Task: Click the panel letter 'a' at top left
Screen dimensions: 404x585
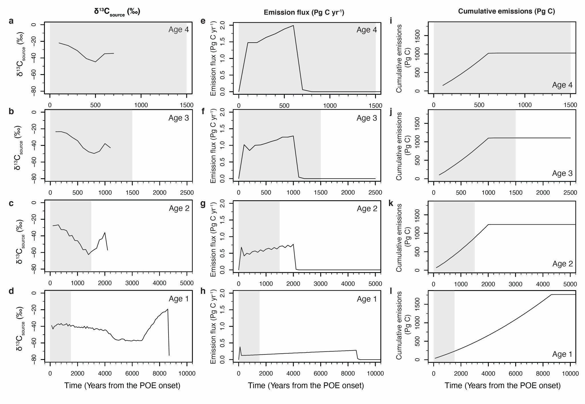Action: coord(11,21)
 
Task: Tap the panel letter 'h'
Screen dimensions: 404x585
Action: coord(203,291)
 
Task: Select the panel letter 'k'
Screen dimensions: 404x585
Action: coord(391,203)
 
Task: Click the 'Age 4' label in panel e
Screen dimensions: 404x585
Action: coord(366,30)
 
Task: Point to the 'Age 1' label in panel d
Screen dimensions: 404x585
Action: coord(179,299)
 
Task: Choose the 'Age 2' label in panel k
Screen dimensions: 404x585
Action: coord(562,264)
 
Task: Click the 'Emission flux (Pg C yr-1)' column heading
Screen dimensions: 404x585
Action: coord(304,12)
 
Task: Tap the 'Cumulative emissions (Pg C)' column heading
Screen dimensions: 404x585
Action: coord(506,11)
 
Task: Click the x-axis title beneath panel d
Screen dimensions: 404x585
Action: coord(122,385)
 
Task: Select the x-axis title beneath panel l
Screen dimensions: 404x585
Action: coord(502,385)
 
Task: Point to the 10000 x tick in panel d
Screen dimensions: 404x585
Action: coord(187,373)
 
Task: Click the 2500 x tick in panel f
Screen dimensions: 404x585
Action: coord(375,193)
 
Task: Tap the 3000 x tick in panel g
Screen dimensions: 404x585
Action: coord(320,284)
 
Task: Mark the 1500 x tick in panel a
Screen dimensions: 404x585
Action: coord(187,105)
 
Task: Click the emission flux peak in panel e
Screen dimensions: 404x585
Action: coord(293,25)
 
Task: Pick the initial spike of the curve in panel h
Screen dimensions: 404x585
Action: coord(240,347)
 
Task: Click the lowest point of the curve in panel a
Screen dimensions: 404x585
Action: coord(95,62)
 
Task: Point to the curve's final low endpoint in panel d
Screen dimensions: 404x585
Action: coord(169,355)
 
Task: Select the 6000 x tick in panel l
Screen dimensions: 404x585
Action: coord(516,373)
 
